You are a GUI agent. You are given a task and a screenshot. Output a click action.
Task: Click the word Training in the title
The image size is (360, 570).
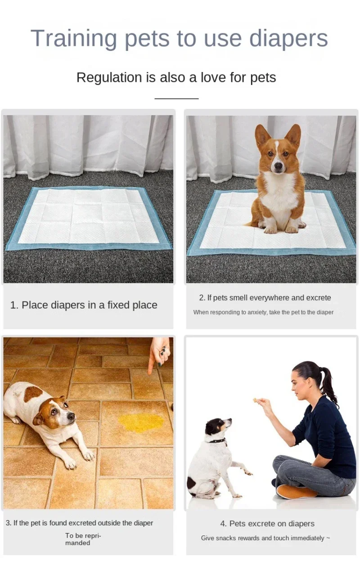pyautogui.click(x=74, y=39)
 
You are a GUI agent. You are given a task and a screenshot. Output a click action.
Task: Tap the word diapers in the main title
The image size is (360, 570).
pyautogui.click(x=288, y=39)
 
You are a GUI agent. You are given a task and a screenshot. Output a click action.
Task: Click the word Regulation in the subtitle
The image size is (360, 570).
pyautogui.click(x=109, y=77)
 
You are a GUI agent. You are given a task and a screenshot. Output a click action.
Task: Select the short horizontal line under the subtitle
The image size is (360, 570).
pyautogui.click(x=176, y=98)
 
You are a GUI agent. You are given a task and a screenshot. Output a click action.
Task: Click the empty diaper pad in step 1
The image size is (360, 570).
pyautogui.click(x=88, y=217)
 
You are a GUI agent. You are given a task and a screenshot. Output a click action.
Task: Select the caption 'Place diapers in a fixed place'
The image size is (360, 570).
pyautogui.click(x=84, y=305)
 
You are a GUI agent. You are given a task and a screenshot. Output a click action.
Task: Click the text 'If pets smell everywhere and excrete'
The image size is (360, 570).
pyautogui.click(x=265, y=298)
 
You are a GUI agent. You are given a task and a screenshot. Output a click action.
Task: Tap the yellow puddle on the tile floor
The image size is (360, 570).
pyautogui.click(x=141, y=422)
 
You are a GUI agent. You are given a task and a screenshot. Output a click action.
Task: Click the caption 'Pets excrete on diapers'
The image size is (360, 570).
pyautogui.click(x=267, y=524)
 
